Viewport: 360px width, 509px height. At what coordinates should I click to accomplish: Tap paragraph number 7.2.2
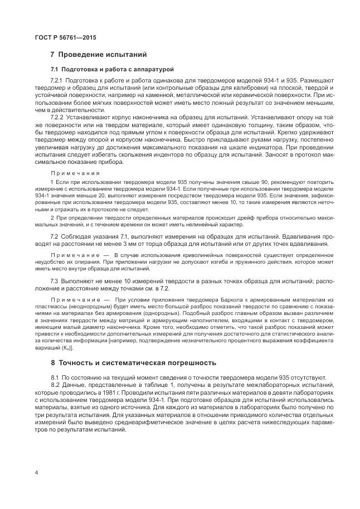57,118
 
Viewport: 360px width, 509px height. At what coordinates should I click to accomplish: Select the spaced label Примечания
76,173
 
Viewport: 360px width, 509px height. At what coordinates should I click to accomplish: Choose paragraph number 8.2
54,385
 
